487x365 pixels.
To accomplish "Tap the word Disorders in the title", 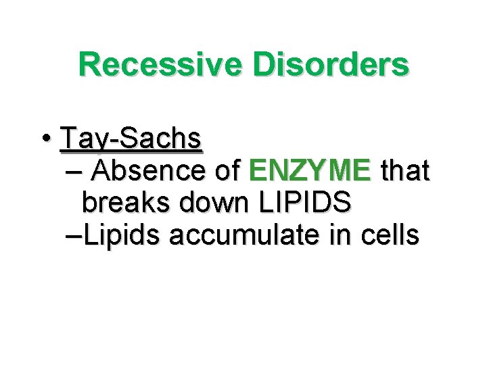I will click(x=331, y=65).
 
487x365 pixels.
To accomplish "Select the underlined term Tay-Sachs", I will click(x=131, y=139).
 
